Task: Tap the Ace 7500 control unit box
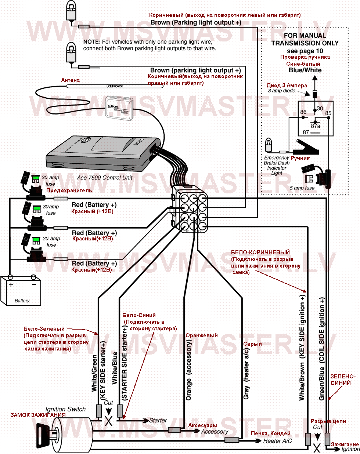[x=103, y=154]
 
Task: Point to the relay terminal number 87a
[x=316, y=126]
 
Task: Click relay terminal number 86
[x=303, y=112]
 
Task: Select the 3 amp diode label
[x=281, y=91]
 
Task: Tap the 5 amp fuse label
[x=302, y=188]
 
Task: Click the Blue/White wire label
[x=305, y=70]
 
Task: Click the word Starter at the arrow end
[x=158, y=420]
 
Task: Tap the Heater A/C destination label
[x=277, y=441]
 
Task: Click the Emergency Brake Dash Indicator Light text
[x=277, y=165]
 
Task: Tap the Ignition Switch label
[x=65, y=409]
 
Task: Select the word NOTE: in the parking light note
[x=92, y=42]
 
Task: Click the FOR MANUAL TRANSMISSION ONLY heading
[x=305, y=39]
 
